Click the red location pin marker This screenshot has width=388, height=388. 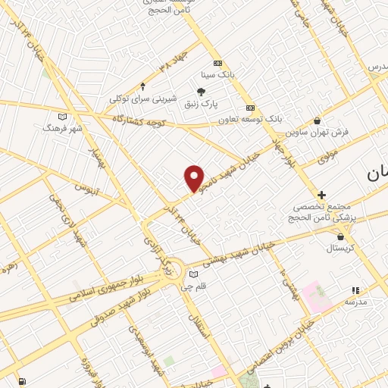pos(195,179)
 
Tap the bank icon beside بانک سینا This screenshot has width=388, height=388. pos(218,63)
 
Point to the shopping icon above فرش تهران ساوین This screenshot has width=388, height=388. pos(316,120)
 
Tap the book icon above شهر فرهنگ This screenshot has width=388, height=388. pos(62,116)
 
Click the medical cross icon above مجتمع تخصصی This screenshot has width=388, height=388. pos(322,195)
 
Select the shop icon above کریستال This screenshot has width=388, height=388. pos(339,236)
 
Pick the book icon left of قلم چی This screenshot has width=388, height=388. pos(193,274)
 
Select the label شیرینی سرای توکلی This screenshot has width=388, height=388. pos(143,99)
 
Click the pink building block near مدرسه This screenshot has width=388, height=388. pos(314,293)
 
